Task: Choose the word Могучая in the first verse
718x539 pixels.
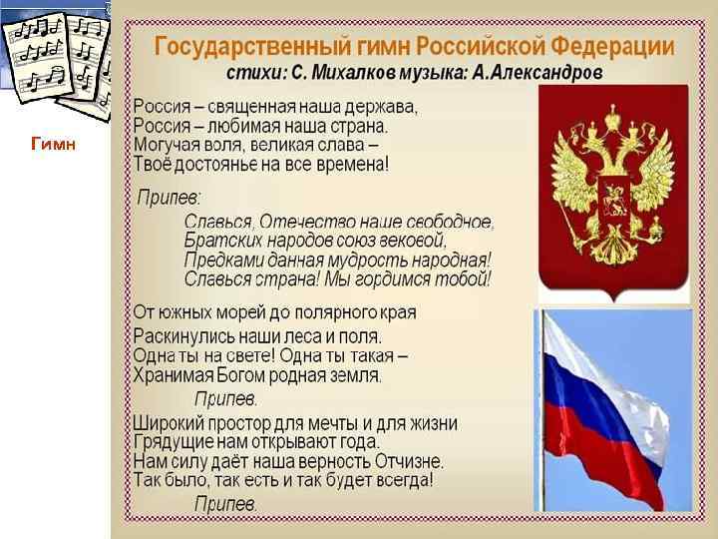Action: tap(166, 144)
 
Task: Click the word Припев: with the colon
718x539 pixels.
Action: tap(169, 197)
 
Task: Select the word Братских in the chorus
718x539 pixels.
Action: tap(218, 241)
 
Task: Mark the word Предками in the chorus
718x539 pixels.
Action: tap(221, 260)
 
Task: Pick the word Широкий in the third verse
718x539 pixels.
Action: tap(170, 423)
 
